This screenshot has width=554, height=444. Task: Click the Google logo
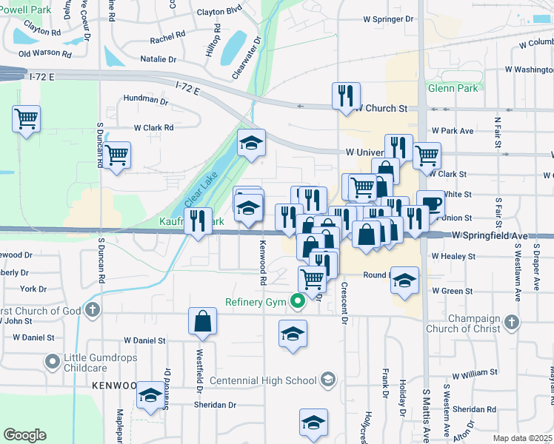click(24, 435)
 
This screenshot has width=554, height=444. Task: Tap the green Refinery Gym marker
click(298, 301)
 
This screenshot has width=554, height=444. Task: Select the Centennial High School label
click(263, 380)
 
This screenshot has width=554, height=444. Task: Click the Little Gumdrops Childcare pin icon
click(52, 362)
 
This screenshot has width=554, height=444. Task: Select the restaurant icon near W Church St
click(346, 96)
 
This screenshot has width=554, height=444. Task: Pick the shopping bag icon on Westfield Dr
click(202, 321)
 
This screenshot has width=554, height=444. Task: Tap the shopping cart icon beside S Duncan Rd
click(116, 155)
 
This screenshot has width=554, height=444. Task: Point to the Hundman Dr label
click(146, 99)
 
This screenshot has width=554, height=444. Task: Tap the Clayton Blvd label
click(220, 12)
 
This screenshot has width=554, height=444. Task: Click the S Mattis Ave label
click(427, 414)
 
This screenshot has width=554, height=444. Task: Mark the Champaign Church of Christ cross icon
click(511, 323)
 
